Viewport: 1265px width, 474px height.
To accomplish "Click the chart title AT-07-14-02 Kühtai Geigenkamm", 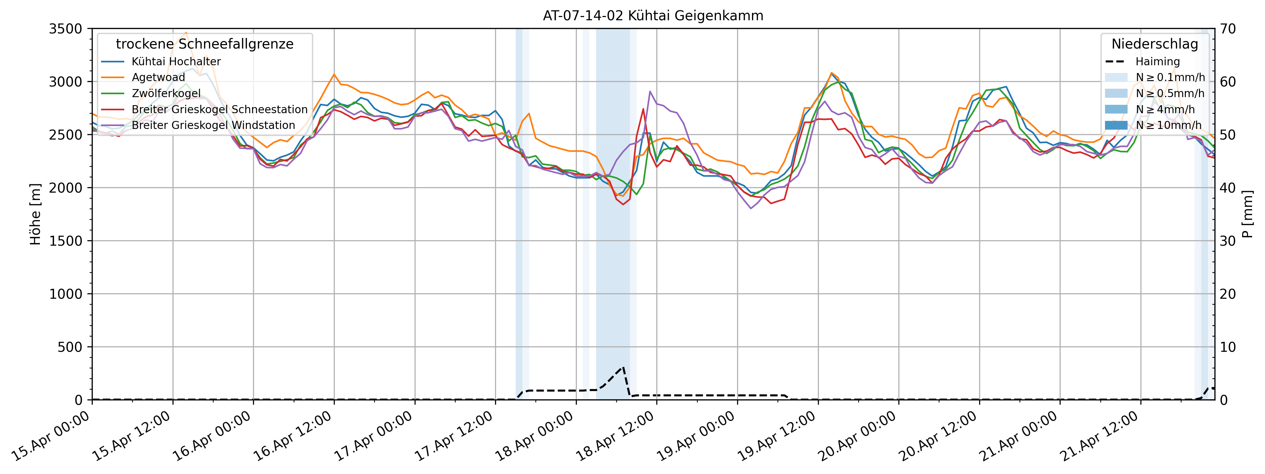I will (653, 16).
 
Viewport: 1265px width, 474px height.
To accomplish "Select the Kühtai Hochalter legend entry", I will (176, 62).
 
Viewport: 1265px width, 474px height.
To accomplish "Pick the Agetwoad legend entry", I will (158, 77).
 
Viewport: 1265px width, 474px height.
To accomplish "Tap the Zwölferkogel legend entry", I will (166, 93).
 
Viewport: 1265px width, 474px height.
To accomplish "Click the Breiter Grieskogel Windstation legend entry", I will (213, 125).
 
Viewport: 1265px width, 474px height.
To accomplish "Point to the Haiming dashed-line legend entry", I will (1157, 62).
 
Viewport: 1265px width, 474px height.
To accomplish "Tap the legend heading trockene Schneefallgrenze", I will (204, 44).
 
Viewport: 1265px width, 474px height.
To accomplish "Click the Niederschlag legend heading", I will (1155, 44).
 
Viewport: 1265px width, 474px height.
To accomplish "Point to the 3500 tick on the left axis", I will (65, 29).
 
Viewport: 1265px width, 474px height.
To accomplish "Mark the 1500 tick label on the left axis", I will (65, 241).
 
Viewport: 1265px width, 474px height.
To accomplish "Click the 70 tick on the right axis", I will (1228, 29).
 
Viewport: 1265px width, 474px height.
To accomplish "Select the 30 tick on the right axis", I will (1228, 241).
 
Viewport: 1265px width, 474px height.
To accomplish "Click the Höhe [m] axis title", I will (35, 214).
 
